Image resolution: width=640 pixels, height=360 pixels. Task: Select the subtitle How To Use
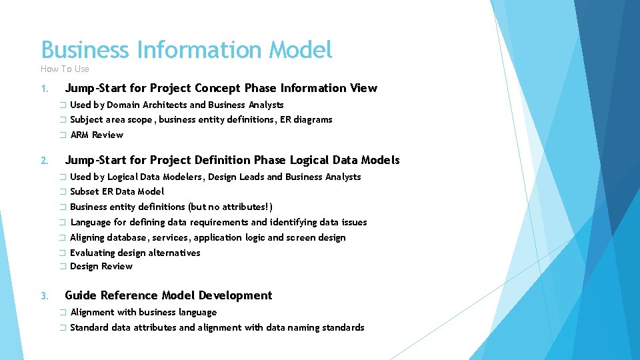point(65,69)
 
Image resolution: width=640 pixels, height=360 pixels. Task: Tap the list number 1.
point(43,89)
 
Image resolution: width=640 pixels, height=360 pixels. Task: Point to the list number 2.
point(43,161)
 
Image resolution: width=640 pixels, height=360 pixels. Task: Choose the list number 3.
point(43,296)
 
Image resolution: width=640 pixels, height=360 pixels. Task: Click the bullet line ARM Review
point(97,135)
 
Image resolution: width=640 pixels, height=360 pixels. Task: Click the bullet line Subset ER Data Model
point(117,191)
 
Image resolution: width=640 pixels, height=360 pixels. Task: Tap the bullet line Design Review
point(101,266)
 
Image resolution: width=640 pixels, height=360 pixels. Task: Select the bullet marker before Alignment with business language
point(61,312)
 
